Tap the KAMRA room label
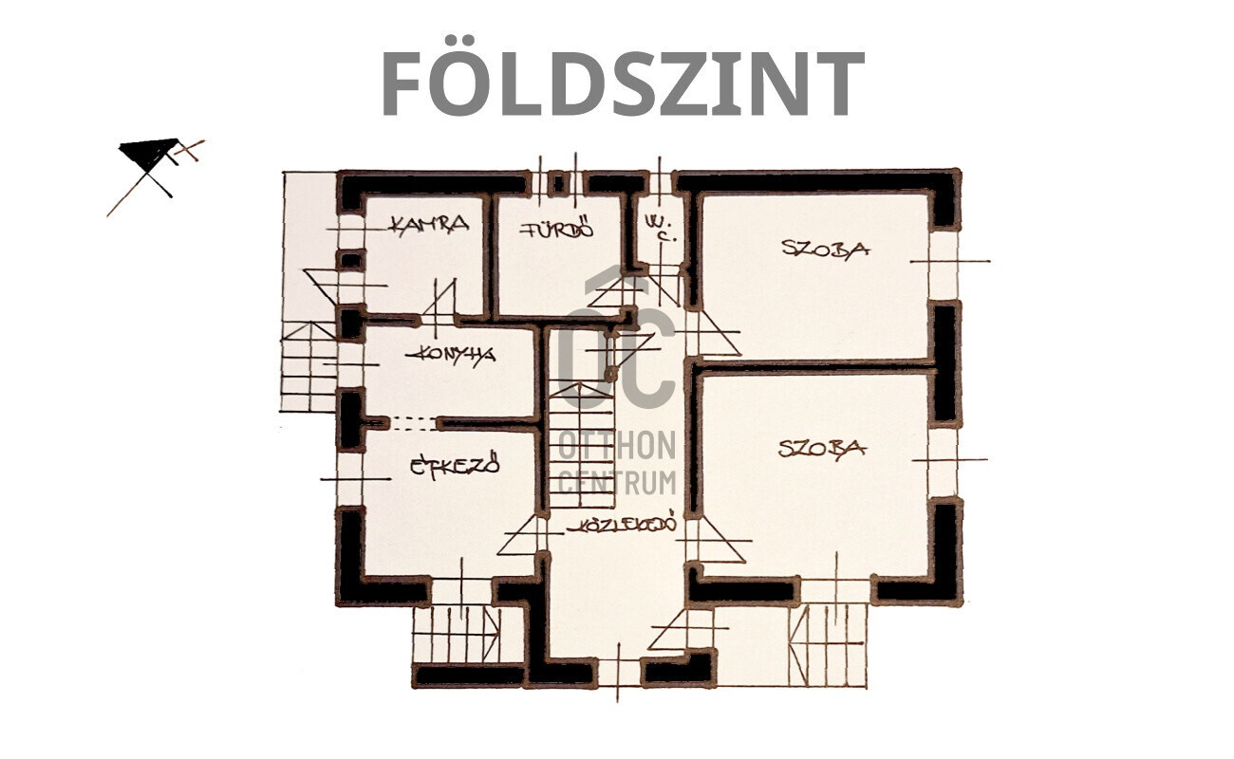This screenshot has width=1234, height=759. click(430, 224)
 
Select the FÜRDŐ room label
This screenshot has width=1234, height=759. click(557, 228)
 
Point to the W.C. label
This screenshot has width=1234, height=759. click(660, 228)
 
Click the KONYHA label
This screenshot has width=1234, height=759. click(451, 354)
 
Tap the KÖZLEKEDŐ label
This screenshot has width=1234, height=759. click(622, 525)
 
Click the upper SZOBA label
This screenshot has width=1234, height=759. click(826, 249)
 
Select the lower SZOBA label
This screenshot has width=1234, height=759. click(822, 450)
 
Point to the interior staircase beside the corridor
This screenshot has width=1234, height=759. click(581, 445)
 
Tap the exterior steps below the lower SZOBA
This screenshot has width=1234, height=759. click(828, 645)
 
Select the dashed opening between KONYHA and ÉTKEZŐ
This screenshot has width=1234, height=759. click(413, 423)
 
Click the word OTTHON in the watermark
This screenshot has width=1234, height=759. click(618, 445)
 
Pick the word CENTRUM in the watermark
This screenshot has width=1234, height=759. click(618, 483)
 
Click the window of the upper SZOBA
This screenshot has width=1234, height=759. click(944, 265)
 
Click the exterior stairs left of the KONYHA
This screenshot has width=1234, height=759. click(308, 366)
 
